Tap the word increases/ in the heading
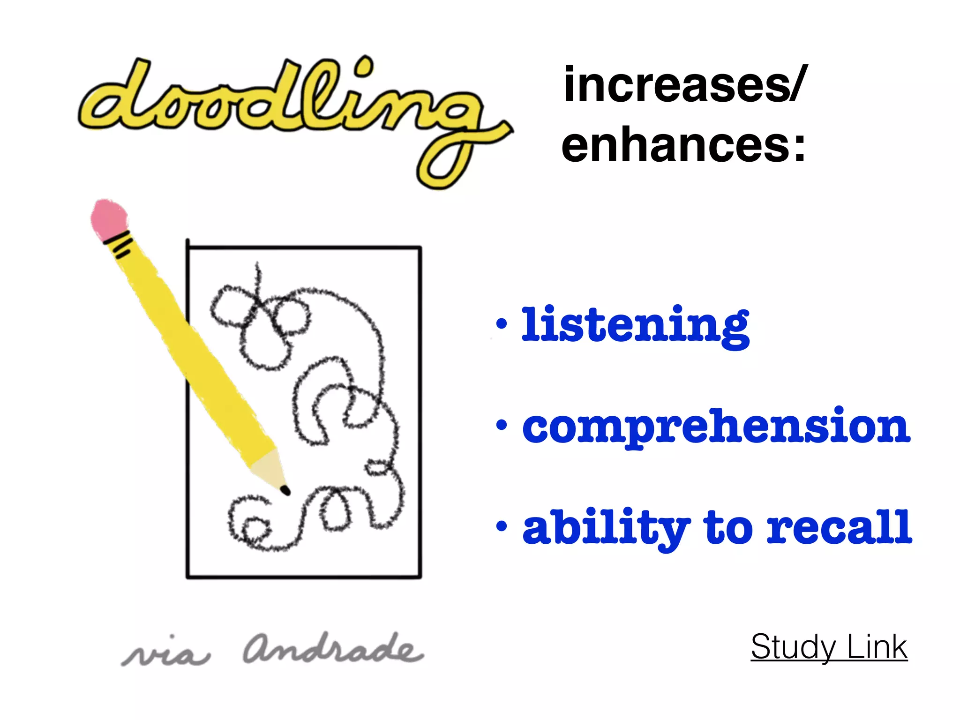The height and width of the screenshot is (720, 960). point(684,85)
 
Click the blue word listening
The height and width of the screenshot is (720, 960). point(635,326)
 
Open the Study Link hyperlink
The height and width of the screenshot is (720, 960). point(829,647)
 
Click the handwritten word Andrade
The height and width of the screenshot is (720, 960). point(333,649)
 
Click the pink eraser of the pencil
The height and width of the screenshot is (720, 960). point(109,218)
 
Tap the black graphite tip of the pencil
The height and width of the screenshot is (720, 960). point(285,490)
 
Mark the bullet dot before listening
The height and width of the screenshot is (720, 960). point(502,323)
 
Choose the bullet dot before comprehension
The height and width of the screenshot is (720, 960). point(502,425)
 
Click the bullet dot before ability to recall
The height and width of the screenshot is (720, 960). point(502,526)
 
